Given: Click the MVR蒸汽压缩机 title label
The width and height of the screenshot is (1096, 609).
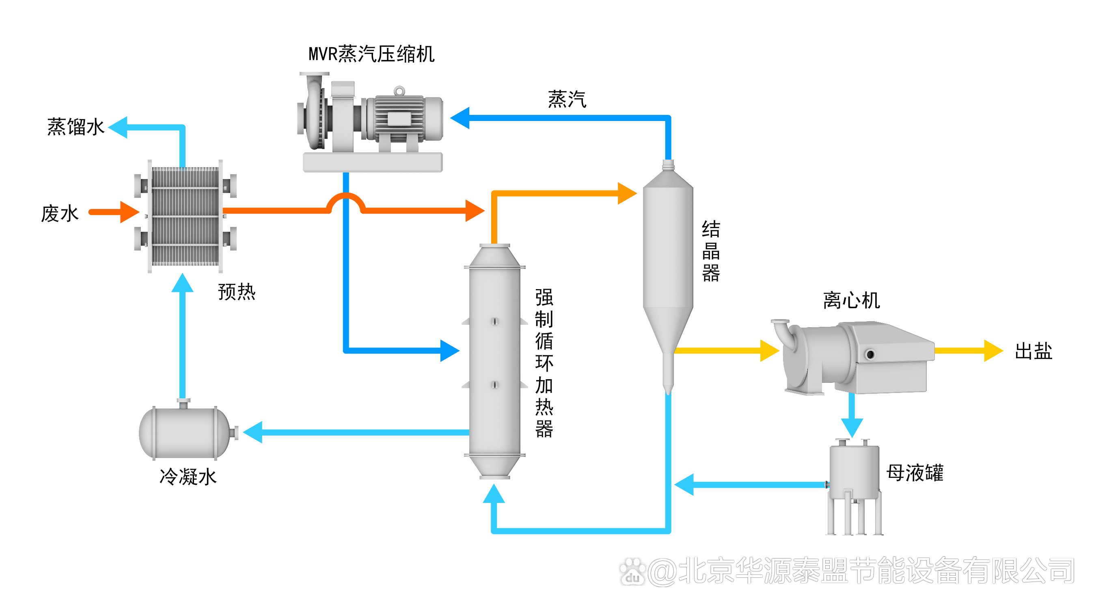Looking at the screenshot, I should click(371, 54).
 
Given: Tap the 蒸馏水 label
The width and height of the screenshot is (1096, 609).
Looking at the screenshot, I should click(76, 127).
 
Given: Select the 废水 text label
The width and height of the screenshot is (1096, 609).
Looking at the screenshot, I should click(60, 213).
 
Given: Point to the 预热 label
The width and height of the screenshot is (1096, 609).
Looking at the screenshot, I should click(237, 292).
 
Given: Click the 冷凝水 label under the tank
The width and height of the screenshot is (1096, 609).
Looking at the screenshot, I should click(188, 477).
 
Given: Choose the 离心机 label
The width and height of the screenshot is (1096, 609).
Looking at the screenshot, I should click(851, 300).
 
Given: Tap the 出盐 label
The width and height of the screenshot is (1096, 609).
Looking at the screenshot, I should click(1033, 352).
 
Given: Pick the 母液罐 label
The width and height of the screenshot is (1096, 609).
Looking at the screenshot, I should click(915, 473).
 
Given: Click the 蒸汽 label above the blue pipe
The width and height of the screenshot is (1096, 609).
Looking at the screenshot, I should click(567, 99).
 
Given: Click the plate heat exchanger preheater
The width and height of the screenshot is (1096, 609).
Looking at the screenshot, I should click(185, 216).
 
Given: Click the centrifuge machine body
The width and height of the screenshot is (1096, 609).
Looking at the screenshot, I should click(855, 358).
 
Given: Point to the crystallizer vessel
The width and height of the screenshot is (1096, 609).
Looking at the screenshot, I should click(668, 264).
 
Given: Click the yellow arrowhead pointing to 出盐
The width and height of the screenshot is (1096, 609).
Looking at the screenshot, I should click(993, 351).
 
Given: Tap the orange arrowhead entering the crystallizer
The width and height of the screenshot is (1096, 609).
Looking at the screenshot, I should click(627, 193).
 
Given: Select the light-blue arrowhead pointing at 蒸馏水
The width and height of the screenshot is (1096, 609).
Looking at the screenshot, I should click(119, 127).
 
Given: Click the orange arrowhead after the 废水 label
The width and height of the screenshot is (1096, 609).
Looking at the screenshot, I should click(129, 212).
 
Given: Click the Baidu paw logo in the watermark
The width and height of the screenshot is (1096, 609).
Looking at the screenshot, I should click(632, 572).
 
